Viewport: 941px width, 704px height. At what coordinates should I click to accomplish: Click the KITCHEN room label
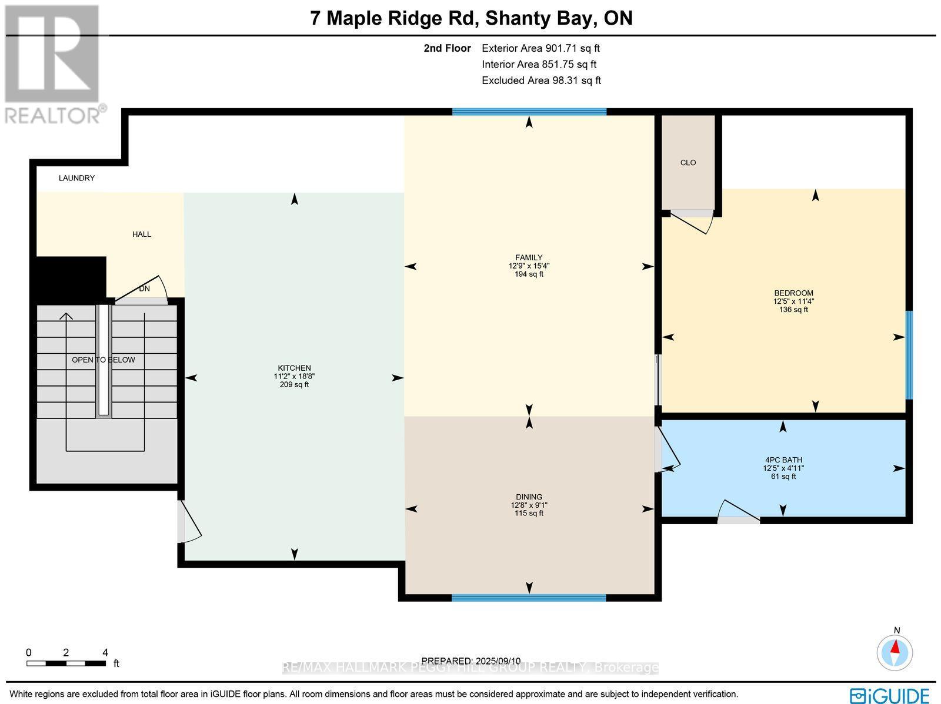pyautogui.click(x=294, y=368)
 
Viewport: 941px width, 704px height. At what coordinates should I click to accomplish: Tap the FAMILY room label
pyautogui.click(x=529, y=257)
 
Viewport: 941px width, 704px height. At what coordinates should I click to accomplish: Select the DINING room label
pyautogui.click(x=529, y=497)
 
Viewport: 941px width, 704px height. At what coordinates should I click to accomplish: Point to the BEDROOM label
pyautogui.click(x=793, y=293)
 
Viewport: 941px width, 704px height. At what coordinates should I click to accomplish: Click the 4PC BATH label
pyautogui.click(x=782, y=460)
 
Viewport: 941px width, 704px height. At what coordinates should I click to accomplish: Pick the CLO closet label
pyautogui.click(x=688, y=163)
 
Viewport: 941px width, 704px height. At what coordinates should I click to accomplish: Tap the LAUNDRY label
pyautogui.click(x=76, y=178)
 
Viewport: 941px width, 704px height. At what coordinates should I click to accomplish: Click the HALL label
pyautogui.click(x=142, y=234)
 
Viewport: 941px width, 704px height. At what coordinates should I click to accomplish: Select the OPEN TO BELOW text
pyautogui.click(x=104, y=360)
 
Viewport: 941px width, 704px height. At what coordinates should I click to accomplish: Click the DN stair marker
pyautogui.click(x=145, y=289)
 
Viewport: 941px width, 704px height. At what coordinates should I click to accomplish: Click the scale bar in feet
pyautogui.click(x=66, y=663)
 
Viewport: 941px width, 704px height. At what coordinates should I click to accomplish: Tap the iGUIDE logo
pyautogui.click(x=890, y=695)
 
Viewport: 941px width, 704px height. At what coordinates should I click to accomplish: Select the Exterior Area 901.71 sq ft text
pyautogui.click(x=540, y=49)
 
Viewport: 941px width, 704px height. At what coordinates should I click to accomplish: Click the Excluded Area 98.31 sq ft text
pyautogui.click(x=541, y=81)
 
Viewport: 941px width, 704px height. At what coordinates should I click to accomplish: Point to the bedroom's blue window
pyautogui.click(x=909, y=355)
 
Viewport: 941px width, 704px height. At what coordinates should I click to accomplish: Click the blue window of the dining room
pyautogui.click(x=529, y=598)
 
